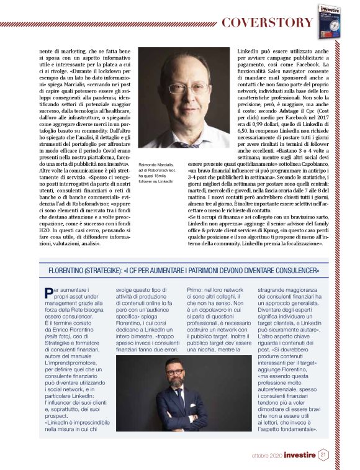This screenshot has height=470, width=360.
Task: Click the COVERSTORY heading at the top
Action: [268, 23]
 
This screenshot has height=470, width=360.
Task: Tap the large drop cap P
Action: [48, 293]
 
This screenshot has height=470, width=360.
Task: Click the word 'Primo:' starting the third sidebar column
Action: [196, 289]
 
